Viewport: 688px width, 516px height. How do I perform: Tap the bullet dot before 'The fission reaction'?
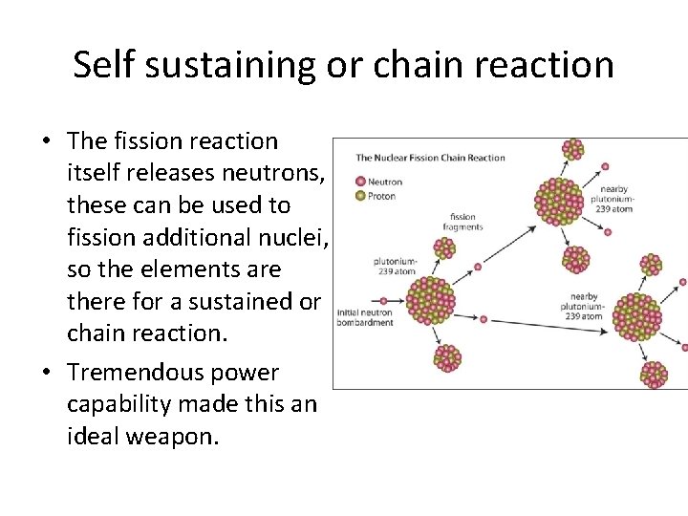(46, 141)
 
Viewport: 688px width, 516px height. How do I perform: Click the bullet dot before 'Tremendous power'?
(46, 374)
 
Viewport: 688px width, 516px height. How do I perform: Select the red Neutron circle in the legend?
(359, 182)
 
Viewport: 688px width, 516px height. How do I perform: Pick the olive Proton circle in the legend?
(359, 196)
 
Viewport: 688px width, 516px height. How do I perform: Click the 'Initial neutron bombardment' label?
(364, 318)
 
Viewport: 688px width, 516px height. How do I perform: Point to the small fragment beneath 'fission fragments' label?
(444, 248)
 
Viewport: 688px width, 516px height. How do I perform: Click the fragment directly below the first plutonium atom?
(446, 357)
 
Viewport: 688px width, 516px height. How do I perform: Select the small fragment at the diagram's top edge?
(572, 148)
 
